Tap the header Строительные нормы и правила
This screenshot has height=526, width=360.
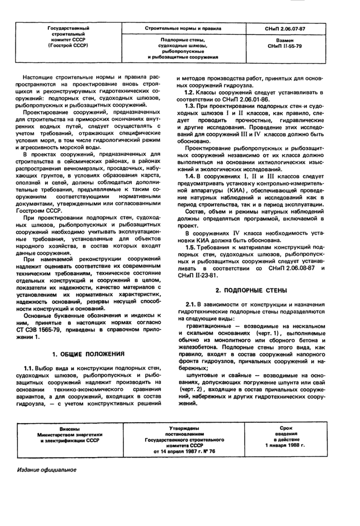point(182,29)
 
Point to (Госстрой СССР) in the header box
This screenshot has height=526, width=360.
point(68,46)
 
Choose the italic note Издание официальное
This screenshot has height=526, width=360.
point(47,470)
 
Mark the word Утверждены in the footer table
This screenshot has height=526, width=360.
point(184,428)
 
